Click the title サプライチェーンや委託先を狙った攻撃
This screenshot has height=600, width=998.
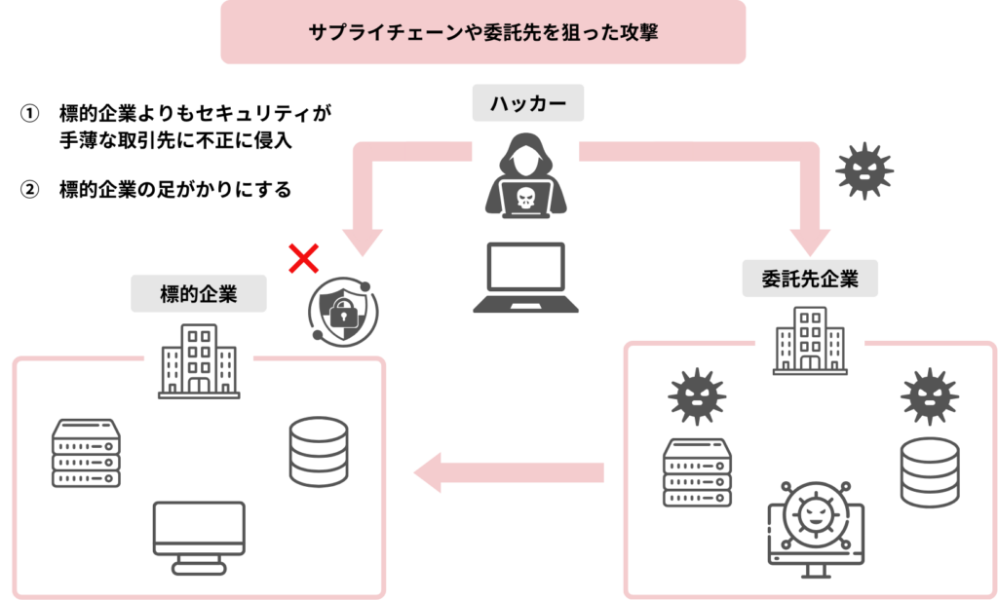point(482,32)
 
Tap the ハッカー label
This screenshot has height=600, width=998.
point(527,103)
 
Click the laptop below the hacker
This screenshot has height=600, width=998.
point(526,278)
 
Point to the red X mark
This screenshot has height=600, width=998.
point(304,259)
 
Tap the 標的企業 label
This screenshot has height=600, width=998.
point(199,293)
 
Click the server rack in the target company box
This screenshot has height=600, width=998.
point(86,453)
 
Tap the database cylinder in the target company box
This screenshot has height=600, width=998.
point(319,452)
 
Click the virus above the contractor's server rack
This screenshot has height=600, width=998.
point(696,395)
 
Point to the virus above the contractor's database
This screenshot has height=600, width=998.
point(929,396)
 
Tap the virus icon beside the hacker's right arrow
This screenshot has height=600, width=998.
point(864,171)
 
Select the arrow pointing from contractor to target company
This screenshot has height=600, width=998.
point(508,474)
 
